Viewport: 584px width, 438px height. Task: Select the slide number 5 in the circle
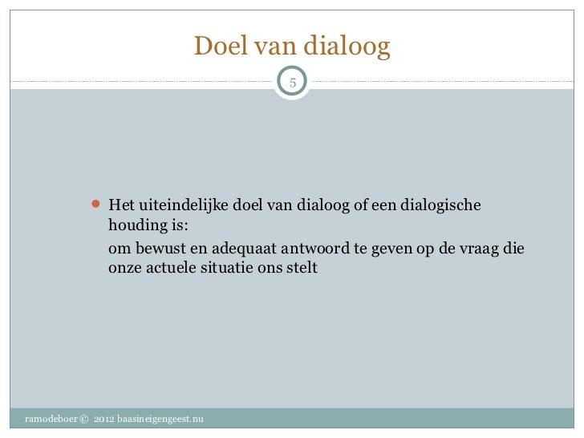point(293,81)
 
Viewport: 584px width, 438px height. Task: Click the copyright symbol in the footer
point(85,420)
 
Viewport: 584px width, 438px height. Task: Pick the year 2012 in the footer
point(103,420)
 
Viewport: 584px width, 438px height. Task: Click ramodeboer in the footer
point(51,420)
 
